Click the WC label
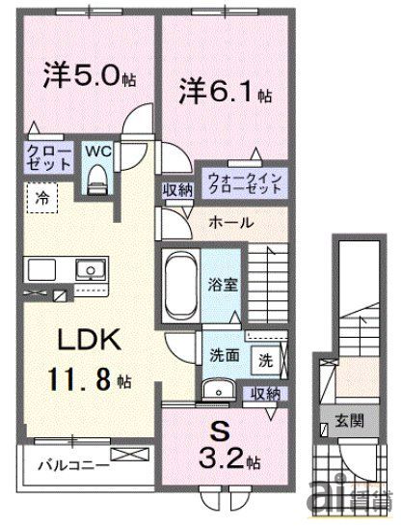pyautogui.click(x=98, y=152)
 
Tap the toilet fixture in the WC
pyautogui.click(x=98, y=178)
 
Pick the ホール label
pyautogui.click(x=231, y=222)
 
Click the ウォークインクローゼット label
pyautogui.click(x=245, y=183)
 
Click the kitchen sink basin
pyautogui.click(x=91, y=268)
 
